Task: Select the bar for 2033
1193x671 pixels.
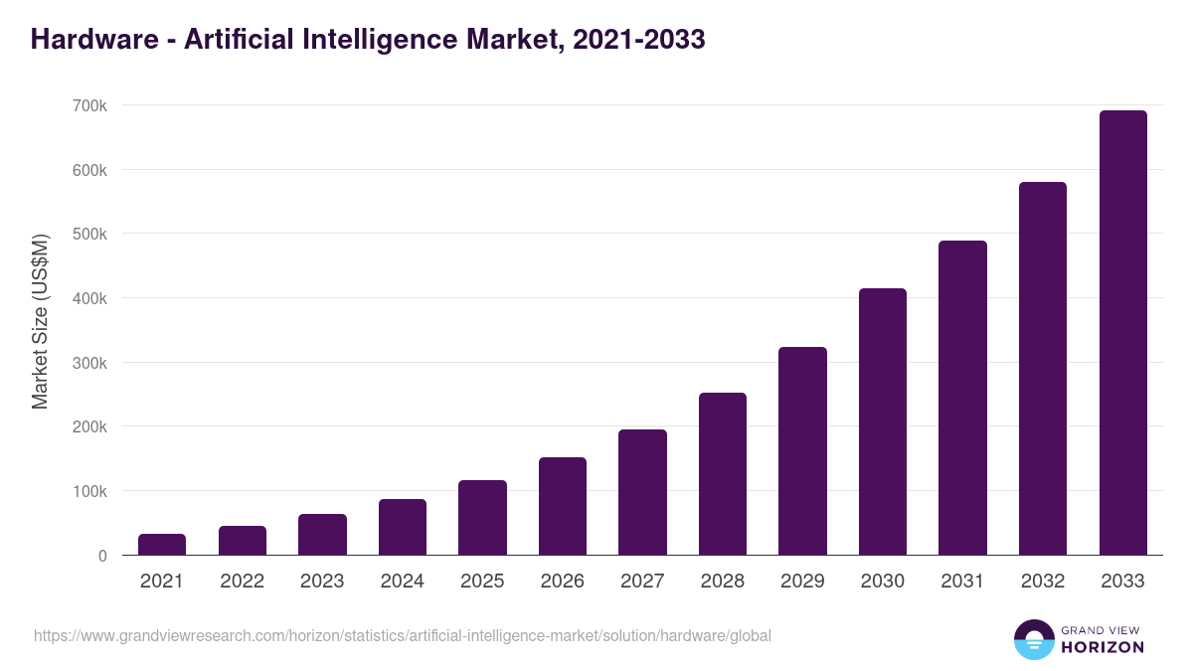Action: (1122, 333)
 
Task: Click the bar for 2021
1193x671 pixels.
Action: (162, 545)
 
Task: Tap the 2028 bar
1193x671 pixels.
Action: (722, 474)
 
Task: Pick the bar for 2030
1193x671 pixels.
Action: (883, 421)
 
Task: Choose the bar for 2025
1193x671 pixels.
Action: (482, 518)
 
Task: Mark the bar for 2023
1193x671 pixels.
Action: (322, 535)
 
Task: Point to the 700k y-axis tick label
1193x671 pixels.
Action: (88, 105)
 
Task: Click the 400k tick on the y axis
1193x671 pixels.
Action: (88, 298)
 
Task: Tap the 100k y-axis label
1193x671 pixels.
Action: (88, 491)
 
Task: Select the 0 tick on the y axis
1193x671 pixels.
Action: (102, 556)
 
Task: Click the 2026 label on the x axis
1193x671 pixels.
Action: (563, 582)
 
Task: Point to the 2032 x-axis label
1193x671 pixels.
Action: (1043, 582)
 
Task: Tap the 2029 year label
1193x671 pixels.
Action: (802, 582)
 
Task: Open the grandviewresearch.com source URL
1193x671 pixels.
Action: (403, 635)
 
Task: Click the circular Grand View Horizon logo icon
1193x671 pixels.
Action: (1034, 639)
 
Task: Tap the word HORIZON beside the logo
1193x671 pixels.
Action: (1102, 647)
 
